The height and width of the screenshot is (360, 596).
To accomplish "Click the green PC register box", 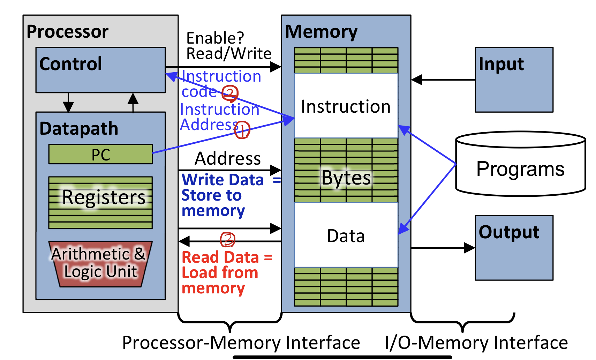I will [100, 154].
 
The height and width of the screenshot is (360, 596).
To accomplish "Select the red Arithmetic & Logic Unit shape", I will [100, 264].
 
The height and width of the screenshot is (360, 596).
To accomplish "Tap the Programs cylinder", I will [520, 169].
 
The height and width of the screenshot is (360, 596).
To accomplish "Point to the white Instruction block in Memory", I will [346, 106].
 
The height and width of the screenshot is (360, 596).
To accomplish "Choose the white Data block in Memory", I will [346, 236].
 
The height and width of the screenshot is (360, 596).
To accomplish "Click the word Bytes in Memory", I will [346, 178].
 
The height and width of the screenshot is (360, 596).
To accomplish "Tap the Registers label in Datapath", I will [104, 197].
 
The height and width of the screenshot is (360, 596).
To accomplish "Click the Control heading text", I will [71, 64].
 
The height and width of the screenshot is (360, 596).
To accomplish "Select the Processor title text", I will [68, 32].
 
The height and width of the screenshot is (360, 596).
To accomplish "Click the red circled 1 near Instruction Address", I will [242, 130].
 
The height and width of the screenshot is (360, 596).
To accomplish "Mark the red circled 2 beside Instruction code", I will [230, 93].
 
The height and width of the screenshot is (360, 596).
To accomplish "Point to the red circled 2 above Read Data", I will [228, 240].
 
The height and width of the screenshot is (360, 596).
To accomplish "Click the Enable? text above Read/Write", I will [215, 38].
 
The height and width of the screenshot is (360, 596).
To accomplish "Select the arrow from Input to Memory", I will [443, 80].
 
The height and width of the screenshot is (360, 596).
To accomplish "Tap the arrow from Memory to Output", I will [443, 248].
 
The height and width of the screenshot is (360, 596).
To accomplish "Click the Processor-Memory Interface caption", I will [241, 343].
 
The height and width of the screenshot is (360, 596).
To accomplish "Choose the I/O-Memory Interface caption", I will [476, 343].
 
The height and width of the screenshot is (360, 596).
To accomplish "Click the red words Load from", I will [220, 273].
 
